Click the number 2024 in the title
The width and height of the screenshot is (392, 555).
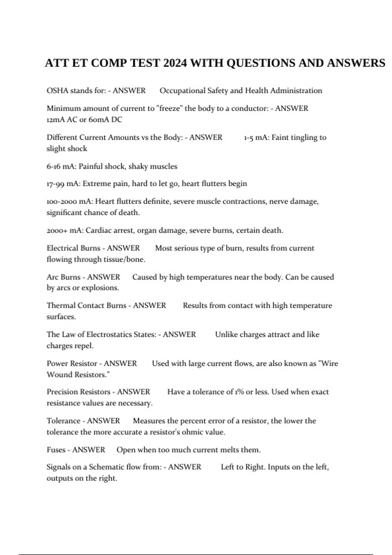[175, 63]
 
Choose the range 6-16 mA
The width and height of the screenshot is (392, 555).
[61, 166]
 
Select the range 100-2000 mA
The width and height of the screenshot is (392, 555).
[69, 201]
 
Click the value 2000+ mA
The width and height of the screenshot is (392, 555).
[65, 230]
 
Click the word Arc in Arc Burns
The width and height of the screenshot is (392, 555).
[52, 277]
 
